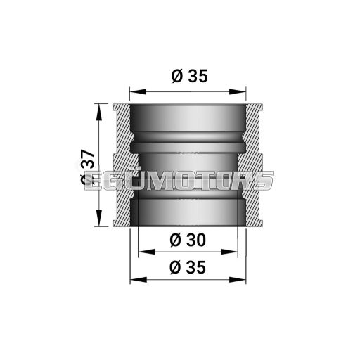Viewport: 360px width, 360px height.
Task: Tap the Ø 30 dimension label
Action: tap(188, 240)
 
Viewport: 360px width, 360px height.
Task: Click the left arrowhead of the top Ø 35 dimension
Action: tap(134, 91)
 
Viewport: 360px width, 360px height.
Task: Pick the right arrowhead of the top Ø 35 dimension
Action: tap(243, 91)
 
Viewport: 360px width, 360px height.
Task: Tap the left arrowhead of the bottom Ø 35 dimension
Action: tap(134, 279)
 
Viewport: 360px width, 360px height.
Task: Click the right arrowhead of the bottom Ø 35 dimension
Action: tap(243, 279)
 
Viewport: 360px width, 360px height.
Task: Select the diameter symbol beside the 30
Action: tap(176, 240)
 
